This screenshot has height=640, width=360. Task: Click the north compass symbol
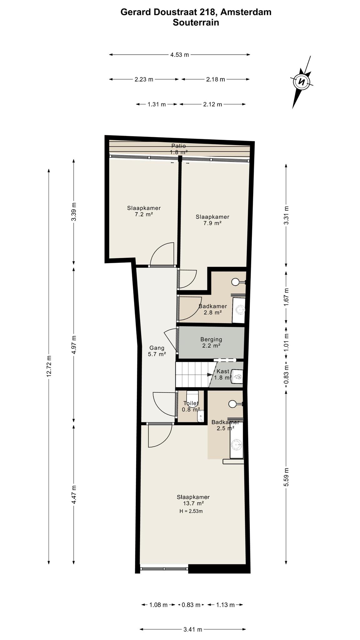[302, 82]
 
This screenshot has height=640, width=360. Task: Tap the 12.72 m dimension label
[49, 366]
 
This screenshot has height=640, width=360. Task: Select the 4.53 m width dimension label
[180, 55]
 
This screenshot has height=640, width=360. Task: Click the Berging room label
[211, 339]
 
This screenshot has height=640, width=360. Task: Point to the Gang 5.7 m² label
[157, 351]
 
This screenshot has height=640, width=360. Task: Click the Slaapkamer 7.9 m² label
[212, 220]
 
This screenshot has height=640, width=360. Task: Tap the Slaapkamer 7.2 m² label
[144, 211]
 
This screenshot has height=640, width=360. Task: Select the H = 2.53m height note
[191, 511]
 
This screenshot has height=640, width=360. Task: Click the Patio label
[179, 146]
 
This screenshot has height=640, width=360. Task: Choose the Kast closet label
[223, 371]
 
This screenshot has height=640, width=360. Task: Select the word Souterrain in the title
[196, 22]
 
